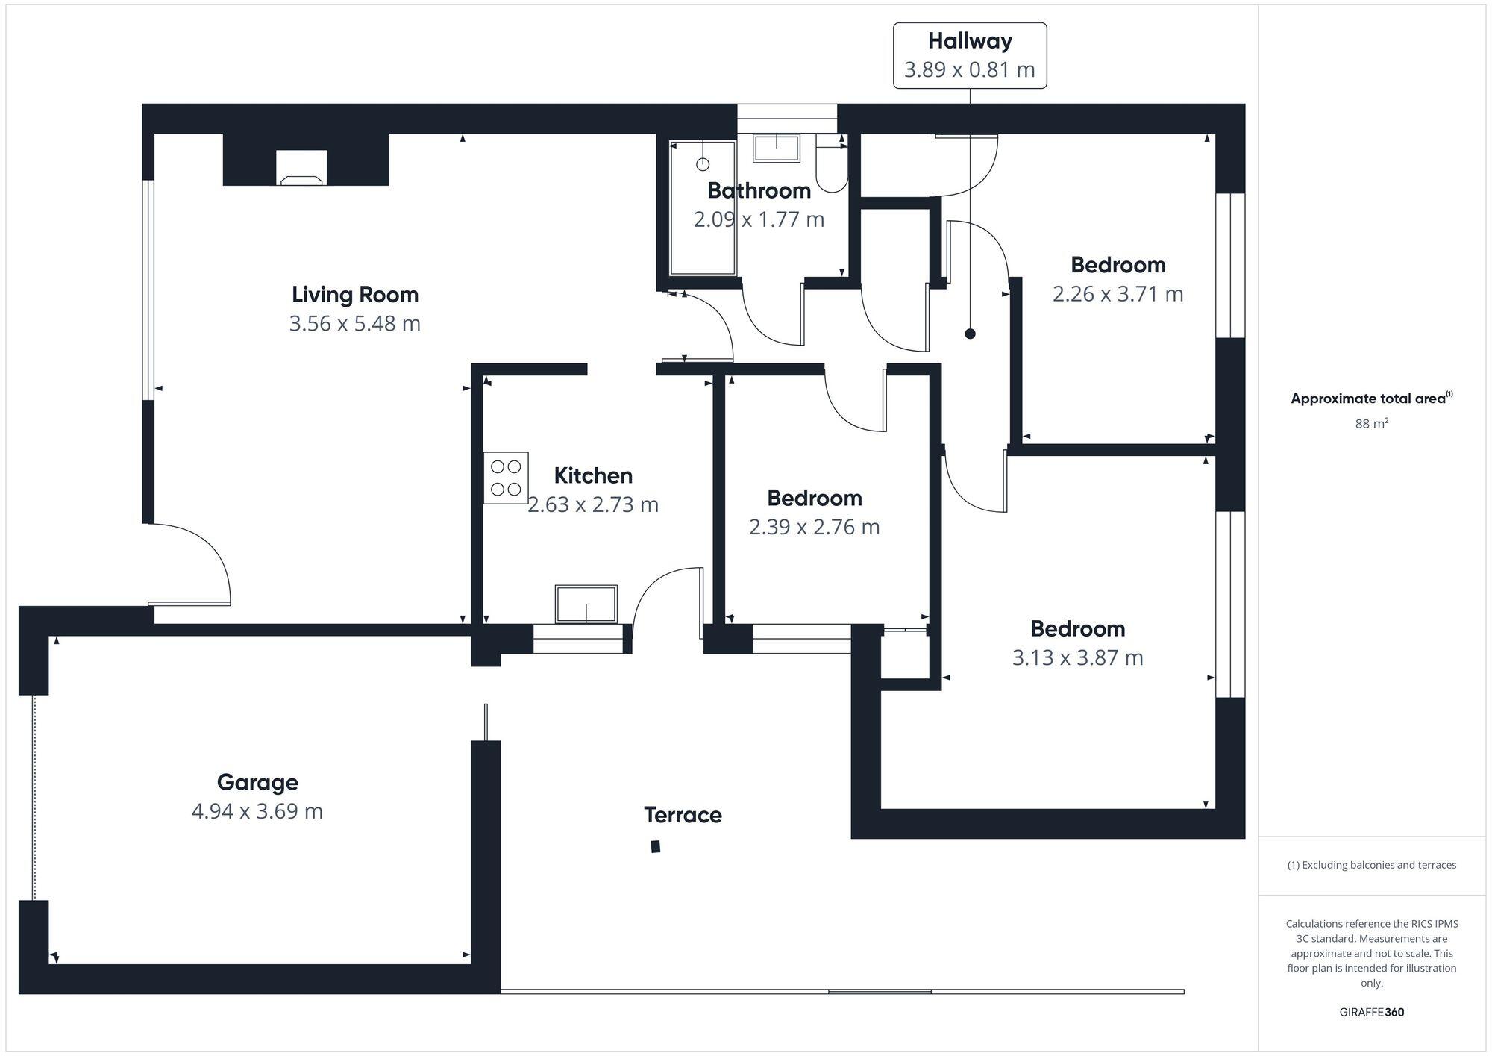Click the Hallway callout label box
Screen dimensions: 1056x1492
970,55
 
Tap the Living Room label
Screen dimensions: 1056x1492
355,295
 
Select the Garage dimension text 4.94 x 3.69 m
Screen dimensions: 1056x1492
257,811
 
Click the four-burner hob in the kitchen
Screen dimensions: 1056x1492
506,478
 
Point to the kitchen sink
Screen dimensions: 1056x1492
586,604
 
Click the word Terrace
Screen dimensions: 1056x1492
683,815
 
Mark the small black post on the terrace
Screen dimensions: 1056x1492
656,846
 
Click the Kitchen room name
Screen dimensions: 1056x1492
593,475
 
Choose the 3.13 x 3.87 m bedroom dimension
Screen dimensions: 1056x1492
1077,657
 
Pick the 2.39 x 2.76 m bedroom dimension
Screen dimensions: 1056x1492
814,527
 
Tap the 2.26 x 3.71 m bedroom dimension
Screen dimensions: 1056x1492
1118,294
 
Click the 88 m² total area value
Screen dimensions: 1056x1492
1371,424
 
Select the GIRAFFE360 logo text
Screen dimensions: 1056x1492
1371,1013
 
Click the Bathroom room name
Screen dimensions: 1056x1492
759,191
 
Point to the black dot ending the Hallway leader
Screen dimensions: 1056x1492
970,334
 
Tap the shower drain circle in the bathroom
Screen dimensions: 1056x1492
703,164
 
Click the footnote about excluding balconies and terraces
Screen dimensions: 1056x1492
1371,865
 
